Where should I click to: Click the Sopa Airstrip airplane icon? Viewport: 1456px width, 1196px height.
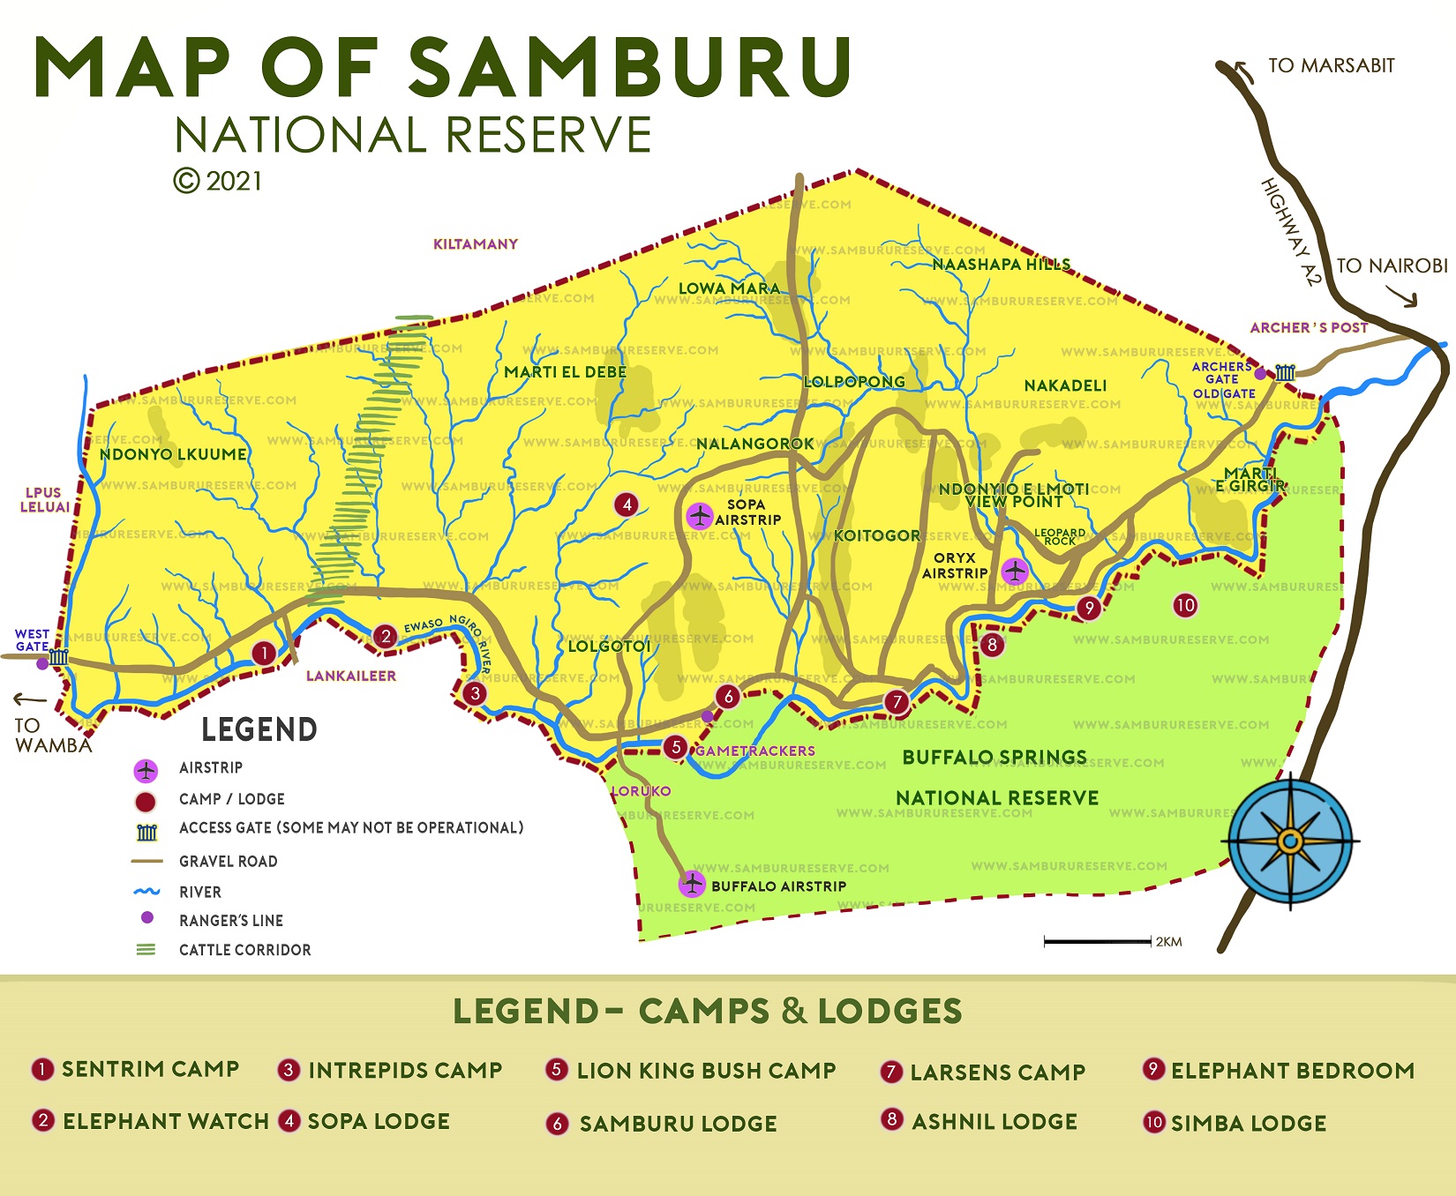(x=700, y=516)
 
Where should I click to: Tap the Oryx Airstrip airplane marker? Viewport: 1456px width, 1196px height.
(x=1015, y=572)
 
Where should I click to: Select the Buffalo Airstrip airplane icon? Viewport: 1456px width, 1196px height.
(x=692, y=883)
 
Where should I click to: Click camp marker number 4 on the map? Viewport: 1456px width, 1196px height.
(x=627, y=505)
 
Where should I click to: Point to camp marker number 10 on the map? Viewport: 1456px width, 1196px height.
(x=1185, y=605)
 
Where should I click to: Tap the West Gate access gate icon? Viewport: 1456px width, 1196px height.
(x=59, y=657)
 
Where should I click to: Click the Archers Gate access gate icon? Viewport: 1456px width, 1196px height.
(x=1285, y=372)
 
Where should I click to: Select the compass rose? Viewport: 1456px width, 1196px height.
(x=1290, y=841)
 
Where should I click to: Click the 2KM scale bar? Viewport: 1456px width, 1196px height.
(x=1098, y=941)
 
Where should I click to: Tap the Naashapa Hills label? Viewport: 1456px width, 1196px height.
(x=1001, y=265)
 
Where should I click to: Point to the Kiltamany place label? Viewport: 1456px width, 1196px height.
(x=475, y=244)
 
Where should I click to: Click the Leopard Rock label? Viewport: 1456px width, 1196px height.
(x=1060, y=537)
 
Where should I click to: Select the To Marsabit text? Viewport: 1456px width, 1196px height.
(x=1331, y=66)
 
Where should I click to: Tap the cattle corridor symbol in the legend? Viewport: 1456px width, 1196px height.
(x=146, y=950)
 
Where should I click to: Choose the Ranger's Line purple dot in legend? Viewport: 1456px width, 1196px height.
(x=147, y=918)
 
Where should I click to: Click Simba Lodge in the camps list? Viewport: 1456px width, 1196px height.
(x=1248, y=1124)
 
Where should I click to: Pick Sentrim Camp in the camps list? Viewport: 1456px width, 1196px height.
(x=150, y=1069)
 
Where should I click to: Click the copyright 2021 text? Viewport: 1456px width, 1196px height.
(x=218, y=182)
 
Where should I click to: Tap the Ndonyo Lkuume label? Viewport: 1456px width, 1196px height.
(x=173, y=455)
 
